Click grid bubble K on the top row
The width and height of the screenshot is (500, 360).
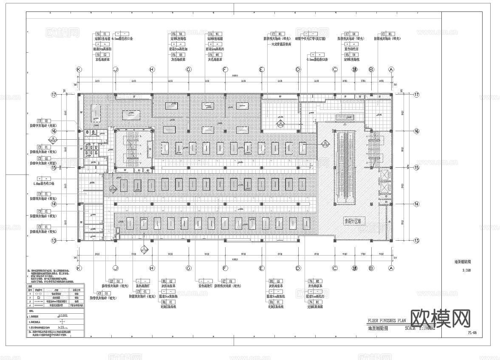pyautogui.click(x=79, y=69)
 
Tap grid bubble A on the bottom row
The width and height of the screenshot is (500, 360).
pyautogui.click(x=391, y=268)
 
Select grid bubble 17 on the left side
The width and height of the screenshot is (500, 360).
pyautogui.click(x=54, y=95)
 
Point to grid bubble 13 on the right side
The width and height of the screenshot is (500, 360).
pyautogui.click(x=416, y=240)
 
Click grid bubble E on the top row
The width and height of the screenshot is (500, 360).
pyautogui.click(x=262, y=69)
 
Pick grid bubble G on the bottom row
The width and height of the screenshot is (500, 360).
pyautogui.click(x=189, y=268)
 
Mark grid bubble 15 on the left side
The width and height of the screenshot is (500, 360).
pyautogui.click(x=54, y=168)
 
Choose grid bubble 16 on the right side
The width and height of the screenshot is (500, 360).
pyautogui.click(x=416, y=131)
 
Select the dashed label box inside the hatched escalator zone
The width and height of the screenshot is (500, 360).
pyautogui.click(x=355, y=221)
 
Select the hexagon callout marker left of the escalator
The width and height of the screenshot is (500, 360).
pyautogui.click(x=325, y=143)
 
